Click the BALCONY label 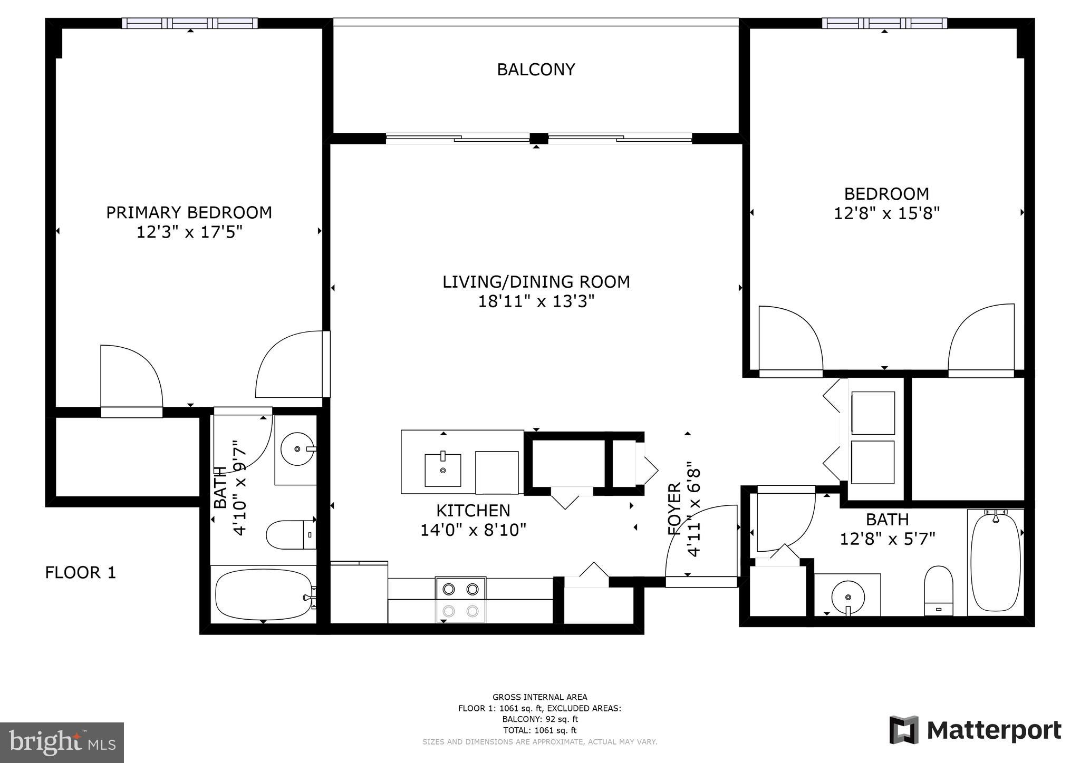(x=536, y=70)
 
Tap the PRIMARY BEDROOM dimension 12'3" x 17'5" (x=189, y=232)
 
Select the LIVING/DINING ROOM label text (x=536, y=282)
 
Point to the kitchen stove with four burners (x=460, y=600)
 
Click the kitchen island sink (x=442, y=469)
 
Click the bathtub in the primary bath (x=263, y=594)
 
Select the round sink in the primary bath (x=297, y=449)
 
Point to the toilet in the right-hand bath (x=939, y=590)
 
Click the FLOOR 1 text (x=80, y=573)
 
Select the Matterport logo (x=975, y=730)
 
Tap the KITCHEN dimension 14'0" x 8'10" (x=473, y=530)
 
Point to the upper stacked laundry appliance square (x=873, y=413)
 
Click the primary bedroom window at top (x=190, y=23)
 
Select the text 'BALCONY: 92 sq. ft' (x=539, y=719)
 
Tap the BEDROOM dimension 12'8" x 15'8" (x=886, y=214)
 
